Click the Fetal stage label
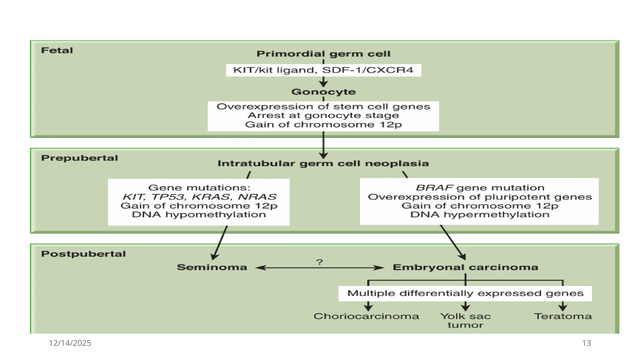click(x=57, y=50)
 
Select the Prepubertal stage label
click(x=79, y=158)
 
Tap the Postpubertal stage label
click(x=83, y=254)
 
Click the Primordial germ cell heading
click(x=323, y=54)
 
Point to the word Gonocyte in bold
click(x=323, y=92)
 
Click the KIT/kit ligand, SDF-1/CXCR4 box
click(x=323, y=70)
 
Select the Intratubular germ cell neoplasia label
click(x=323, y=163)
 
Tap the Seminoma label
click(x=212, y=267)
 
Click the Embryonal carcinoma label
click(x=465, y=267)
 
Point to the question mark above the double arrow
click(x=319, y=262)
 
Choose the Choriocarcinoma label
click(x=366, y=316)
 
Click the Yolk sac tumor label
click(x=466, y=321)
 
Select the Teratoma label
click(x=563, y=316)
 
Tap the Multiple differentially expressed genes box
click(x=465, y=293)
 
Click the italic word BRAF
click(x=434, y=187)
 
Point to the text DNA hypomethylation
click(x=199, y=214)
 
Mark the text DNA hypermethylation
click(x=480, y=214)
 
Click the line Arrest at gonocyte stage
click(x=323, y=115)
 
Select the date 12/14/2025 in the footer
click(x=70, y=343)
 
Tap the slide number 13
click(x=587, y=343)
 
